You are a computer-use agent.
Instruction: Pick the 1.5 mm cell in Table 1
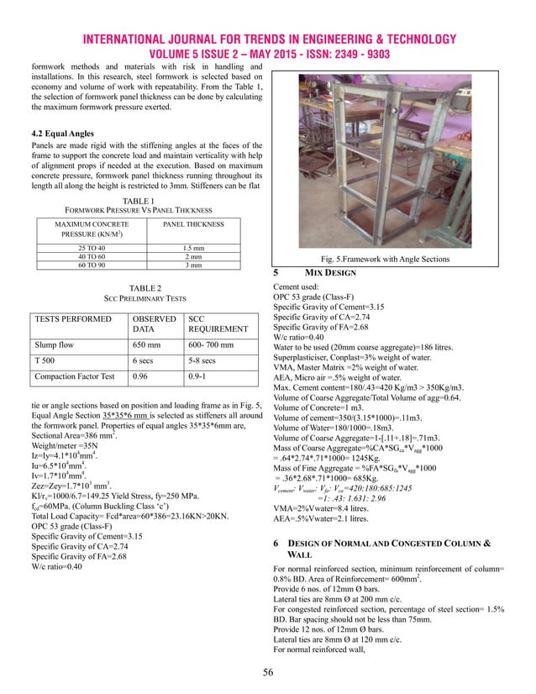[198, 248]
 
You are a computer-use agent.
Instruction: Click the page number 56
[267, 674]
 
